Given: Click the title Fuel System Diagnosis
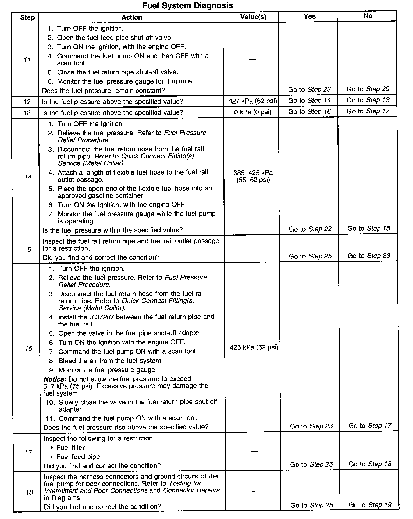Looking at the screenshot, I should coord(187,6).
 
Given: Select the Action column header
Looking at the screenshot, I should coord(131,17).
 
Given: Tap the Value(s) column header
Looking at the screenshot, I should coord(253,17).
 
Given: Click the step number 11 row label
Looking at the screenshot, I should coord(27,60).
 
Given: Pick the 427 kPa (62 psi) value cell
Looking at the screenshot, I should coord(252,101).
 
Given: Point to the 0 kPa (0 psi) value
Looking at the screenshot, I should coord(252,112).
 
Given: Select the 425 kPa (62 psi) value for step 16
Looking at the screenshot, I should coord(254,347).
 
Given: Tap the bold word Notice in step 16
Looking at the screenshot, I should coord(55,379).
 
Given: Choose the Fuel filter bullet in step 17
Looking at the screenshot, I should coord(70,448).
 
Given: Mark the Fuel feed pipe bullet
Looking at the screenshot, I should coord(78,457).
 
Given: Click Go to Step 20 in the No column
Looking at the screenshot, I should coord(368,89).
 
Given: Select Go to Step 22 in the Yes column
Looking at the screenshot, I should coord(310,229).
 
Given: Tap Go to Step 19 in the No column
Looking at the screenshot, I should coord(370,505).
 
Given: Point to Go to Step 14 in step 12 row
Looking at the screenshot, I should coord(309,101).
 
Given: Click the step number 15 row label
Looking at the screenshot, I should coord(28,249).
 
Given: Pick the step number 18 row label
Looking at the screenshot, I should coord(29,492).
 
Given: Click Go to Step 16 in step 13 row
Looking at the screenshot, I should coord(309,112).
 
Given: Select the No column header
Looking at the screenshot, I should coord(368,16).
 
